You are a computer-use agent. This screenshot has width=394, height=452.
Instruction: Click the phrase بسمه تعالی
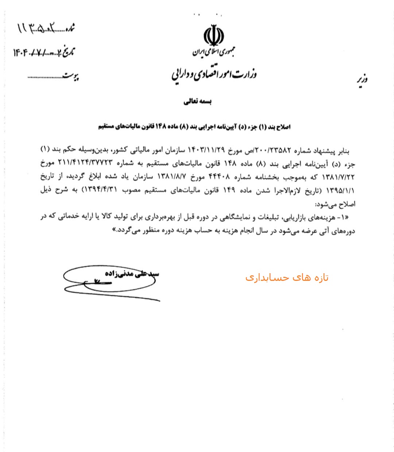(198, 102)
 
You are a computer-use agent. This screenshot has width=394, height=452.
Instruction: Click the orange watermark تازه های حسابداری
(287, 278)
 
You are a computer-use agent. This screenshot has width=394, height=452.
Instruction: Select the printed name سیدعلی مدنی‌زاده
(131, 274)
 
